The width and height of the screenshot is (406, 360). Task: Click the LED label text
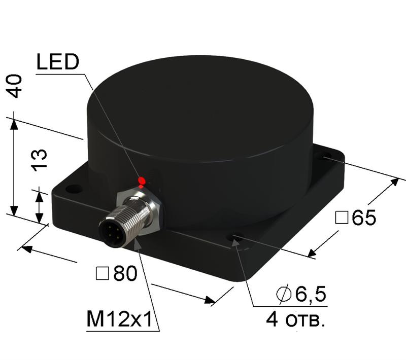57,62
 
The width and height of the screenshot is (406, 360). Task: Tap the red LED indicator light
142,181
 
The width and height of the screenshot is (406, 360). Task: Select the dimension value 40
16,86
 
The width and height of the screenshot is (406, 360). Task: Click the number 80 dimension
125,274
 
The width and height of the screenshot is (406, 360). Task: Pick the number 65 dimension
364,218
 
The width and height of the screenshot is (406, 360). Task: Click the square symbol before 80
101,274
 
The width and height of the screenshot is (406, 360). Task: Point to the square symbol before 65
342,218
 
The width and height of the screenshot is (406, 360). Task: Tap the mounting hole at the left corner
74,189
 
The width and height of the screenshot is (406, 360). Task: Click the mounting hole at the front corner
235,237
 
